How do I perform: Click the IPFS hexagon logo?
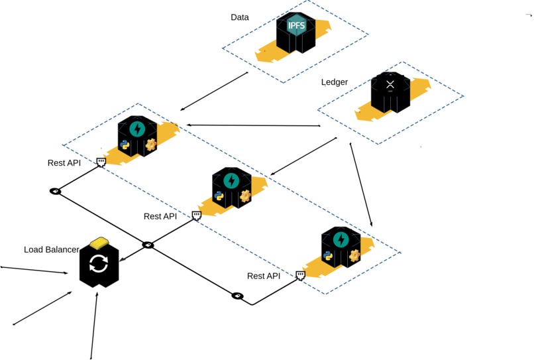(x=295, y=25)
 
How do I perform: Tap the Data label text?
(x=240, y=17)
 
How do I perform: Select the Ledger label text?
(x=335, y=82)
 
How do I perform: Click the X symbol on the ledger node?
(x=390, y=85)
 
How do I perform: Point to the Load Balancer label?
(x=52, y=250)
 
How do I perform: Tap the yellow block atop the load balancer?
(x=100, y=241)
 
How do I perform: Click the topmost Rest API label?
(x=64, y=163)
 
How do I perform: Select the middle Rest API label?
(x=160, y=216)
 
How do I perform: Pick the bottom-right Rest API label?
(x=264, y=276)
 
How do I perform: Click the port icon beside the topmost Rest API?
(x=101, y=162)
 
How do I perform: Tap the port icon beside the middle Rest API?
(x=197, y=215)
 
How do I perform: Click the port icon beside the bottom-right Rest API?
(x=300, y=274)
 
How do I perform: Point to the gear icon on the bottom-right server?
(x=354, y=255)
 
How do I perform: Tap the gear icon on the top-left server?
(x=151, y=144)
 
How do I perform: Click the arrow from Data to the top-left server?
(x=215, y=91)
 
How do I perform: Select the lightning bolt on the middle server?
(x=232, y=180)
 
